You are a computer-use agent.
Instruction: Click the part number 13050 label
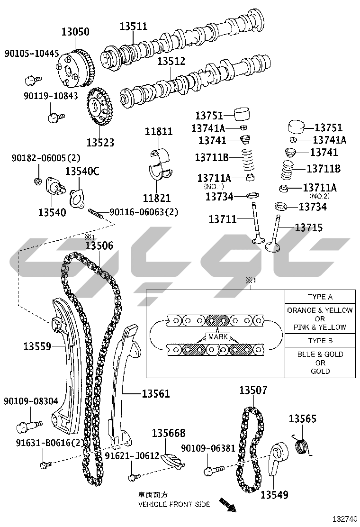[75, 32]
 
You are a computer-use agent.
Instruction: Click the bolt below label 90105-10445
[33, 80]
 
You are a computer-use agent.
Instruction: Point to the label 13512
[171, 61]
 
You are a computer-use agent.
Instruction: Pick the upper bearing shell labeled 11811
[160, 155]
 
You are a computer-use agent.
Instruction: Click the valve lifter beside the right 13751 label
[296, 127]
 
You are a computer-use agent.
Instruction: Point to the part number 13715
[309, 228]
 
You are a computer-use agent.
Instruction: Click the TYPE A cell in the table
[320, 297]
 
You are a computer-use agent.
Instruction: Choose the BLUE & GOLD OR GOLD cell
[320, 362]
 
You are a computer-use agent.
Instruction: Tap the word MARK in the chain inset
[217, 337]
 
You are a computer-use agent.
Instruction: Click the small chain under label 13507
[252, 449]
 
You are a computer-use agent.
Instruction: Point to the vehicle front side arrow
[228, 505]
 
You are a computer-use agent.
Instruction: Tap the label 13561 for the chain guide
[155, 393]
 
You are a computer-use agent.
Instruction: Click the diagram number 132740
[344, 519]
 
